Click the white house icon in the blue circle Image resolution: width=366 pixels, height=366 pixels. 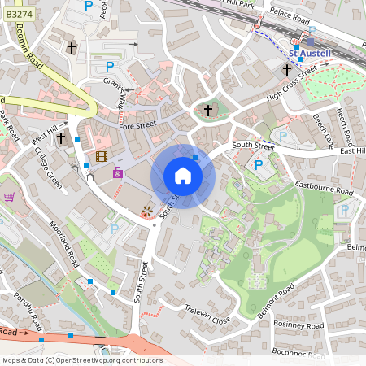(x=183, y=176)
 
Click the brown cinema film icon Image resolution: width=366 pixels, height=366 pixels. (x=101, y=156)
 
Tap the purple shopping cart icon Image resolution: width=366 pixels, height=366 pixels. (x=10, y=197)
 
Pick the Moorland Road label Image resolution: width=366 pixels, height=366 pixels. (x=62, y=244)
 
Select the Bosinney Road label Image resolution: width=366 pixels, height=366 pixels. (x=300, y=325)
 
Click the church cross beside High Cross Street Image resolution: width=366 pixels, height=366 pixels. (x=286, y=72)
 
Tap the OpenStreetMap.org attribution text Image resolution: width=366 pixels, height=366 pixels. (x=106, y=360)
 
